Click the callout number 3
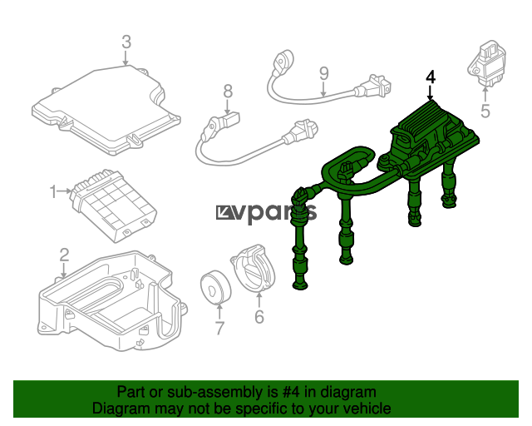(x=126, y=42)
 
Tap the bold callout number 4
(x=431, y=77)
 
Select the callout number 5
(x=485, y=111)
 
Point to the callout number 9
(x=324, y=73)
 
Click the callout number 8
(x=228, y=91)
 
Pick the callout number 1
(x=53, y=191)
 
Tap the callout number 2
(x=64, y=255)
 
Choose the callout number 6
(x=259, y=317)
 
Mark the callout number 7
(x=219, y=328)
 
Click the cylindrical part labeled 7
(x=215, y=287)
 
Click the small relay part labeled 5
(x=486, y=65)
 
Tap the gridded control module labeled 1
(x=114, y=205)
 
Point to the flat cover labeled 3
(x=106, y=110)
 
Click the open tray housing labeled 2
(x=112, y=301)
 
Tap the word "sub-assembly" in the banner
(x=215, y=392)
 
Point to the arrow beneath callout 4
(x=431, y=93)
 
